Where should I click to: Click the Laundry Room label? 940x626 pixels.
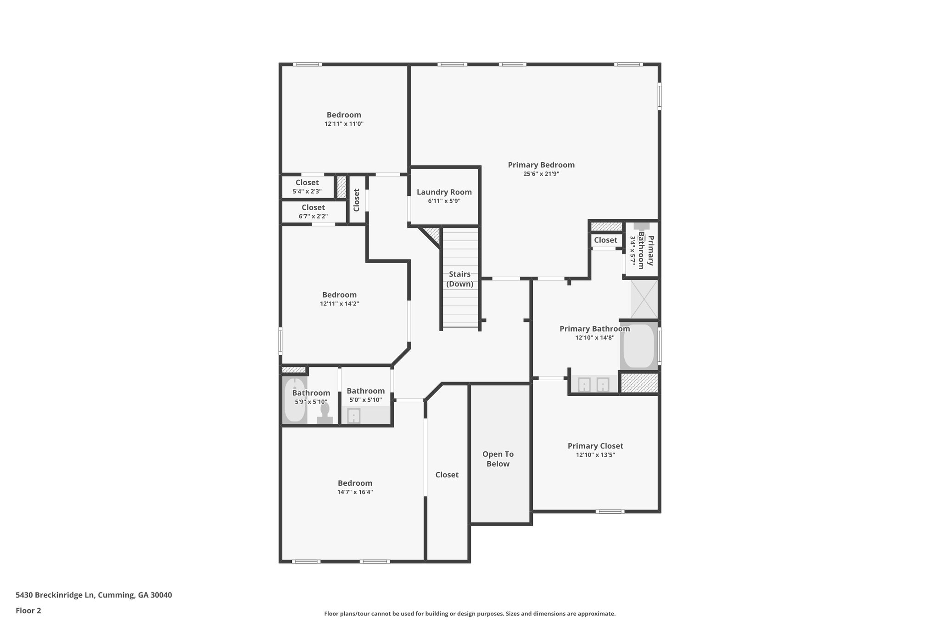(x=444, y=192)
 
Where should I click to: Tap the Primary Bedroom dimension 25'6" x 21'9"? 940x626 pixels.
(x=541, y=174)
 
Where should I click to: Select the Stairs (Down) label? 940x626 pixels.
(x=459, y=279)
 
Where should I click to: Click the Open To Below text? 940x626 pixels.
(x=498, y=459)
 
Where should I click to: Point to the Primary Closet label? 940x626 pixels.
(x=595, y=446)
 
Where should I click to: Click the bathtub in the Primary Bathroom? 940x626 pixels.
(x=639, y=346)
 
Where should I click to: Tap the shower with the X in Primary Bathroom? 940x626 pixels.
(x=644, y=299)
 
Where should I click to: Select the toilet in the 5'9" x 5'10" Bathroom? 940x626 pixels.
(x=325, y=413)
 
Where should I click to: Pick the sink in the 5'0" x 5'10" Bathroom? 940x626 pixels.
(x=354, y=416)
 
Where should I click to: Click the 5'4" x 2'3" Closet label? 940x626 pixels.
(x=307, y=183)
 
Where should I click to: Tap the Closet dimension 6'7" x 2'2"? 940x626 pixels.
(x=313, y=216)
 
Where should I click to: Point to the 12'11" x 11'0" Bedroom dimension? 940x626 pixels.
(x=344, y=124)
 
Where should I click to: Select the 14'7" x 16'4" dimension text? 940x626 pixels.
(x=355, y=492)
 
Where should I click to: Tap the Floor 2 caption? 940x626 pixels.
(x=28, y=610)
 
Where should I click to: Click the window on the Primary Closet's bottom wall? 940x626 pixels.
(x=610, y=511)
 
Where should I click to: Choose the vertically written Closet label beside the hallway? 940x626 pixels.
(x=357, y=200)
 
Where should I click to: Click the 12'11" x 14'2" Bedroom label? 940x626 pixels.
(x=339, y=295)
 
